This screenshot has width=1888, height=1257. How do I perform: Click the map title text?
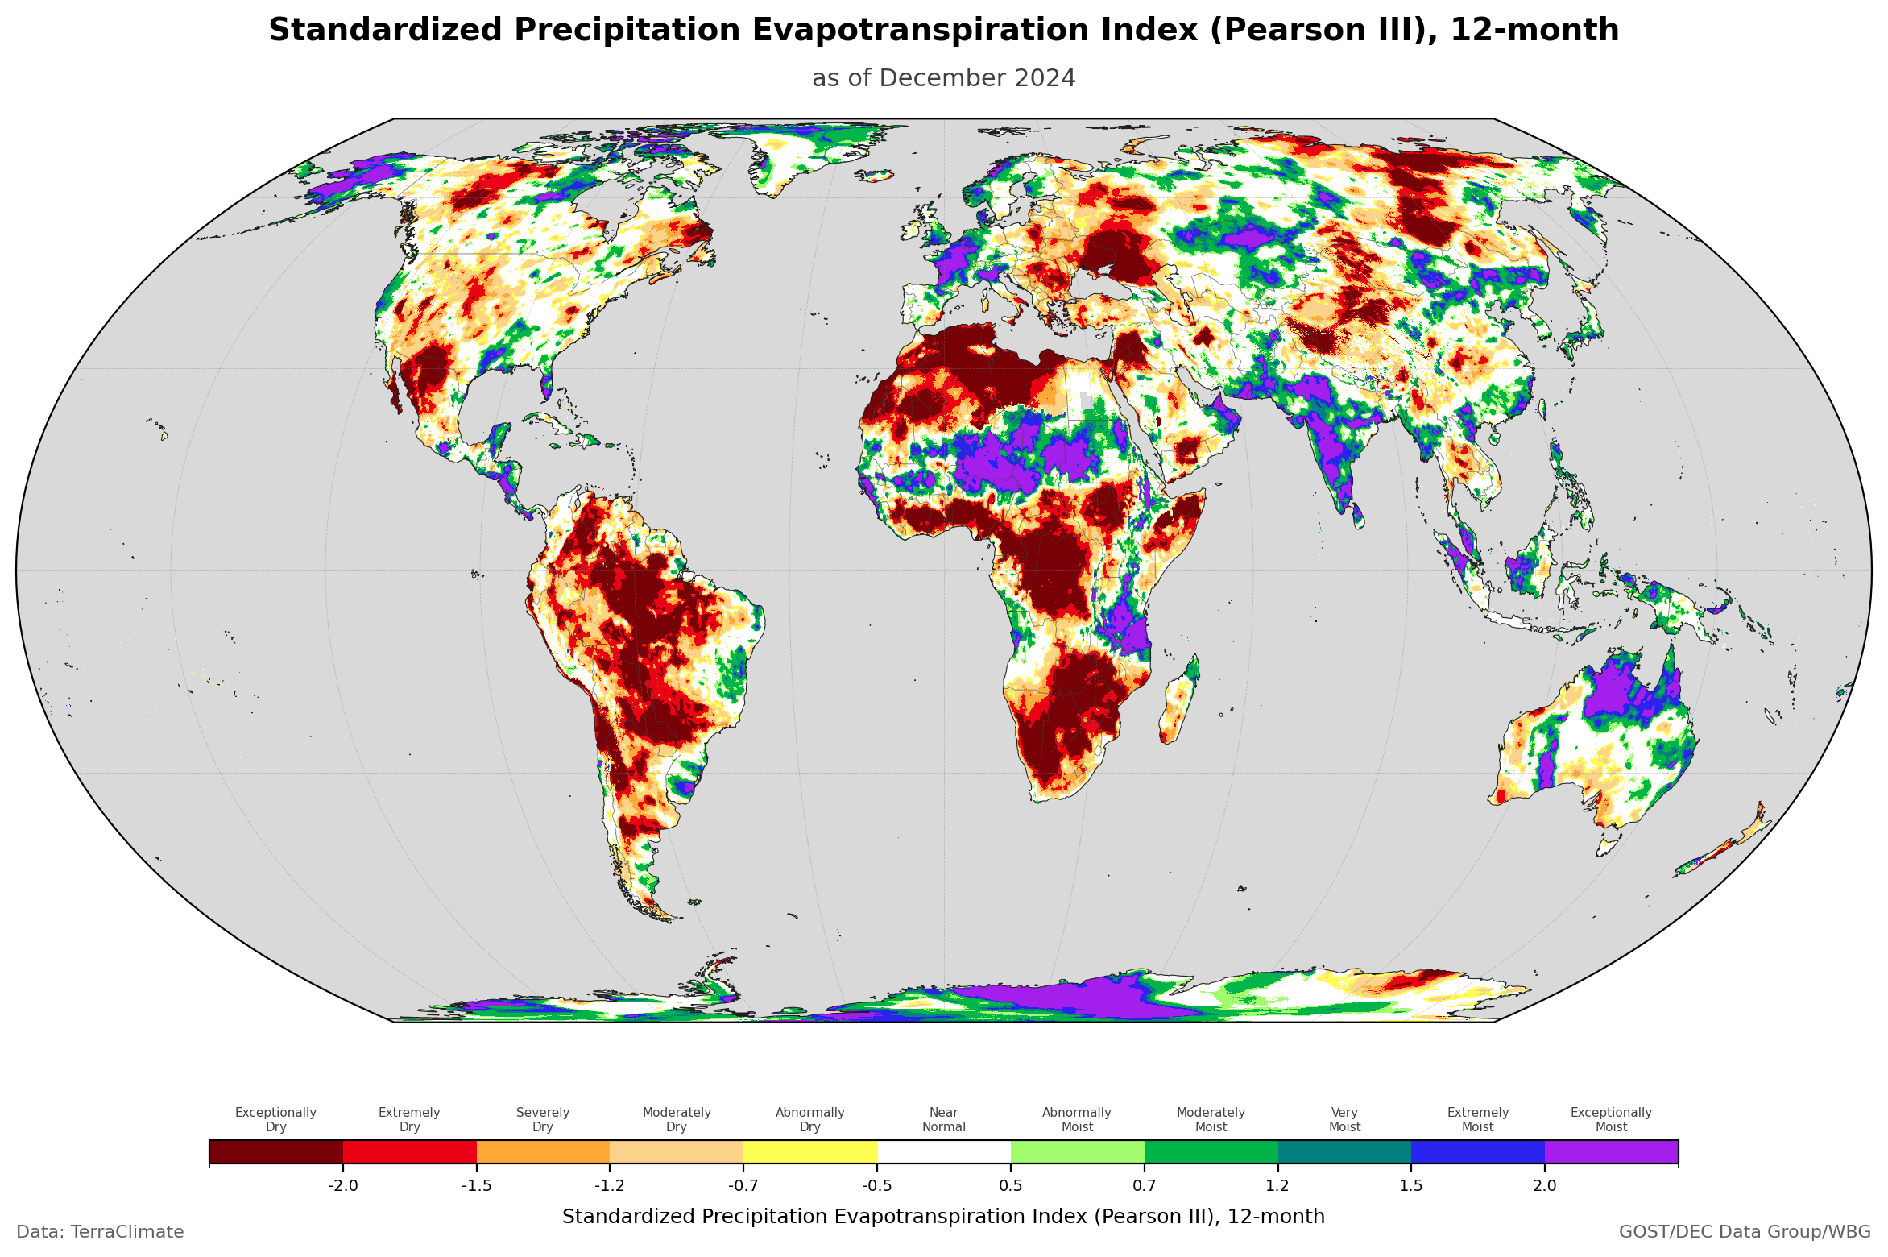tap(943, 31)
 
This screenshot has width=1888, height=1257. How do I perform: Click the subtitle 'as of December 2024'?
tap(943, 78)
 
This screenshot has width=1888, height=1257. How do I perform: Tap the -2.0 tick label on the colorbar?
tap(343, 1185)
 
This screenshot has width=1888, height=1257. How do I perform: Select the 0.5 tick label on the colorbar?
tap(1011, 1185)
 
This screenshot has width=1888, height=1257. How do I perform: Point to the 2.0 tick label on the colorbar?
tap(1544, 1185)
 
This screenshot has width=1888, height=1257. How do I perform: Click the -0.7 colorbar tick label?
tap(743, 1185)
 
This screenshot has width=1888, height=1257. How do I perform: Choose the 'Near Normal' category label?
tap(943, 1119)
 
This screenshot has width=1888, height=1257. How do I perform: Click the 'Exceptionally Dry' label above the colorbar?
tap(275, 1119)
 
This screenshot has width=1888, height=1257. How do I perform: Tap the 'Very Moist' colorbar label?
tap(1344, 1119)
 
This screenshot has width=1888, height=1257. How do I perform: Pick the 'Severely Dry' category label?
tap(543, 1119)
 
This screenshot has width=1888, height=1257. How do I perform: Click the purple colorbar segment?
tap(1611, 1151)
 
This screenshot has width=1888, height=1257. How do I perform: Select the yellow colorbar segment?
tap(810, 1151)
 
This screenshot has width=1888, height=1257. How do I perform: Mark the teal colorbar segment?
tap(1344, 1151)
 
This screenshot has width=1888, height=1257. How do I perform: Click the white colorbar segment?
tap(943, 1151)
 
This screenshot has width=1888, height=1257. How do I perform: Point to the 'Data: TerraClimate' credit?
tap(100, 1232)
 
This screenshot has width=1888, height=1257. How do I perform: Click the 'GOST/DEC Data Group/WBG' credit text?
tap(1745, 1232)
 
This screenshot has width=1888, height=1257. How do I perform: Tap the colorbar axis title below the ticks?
tap(943, 1217)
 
